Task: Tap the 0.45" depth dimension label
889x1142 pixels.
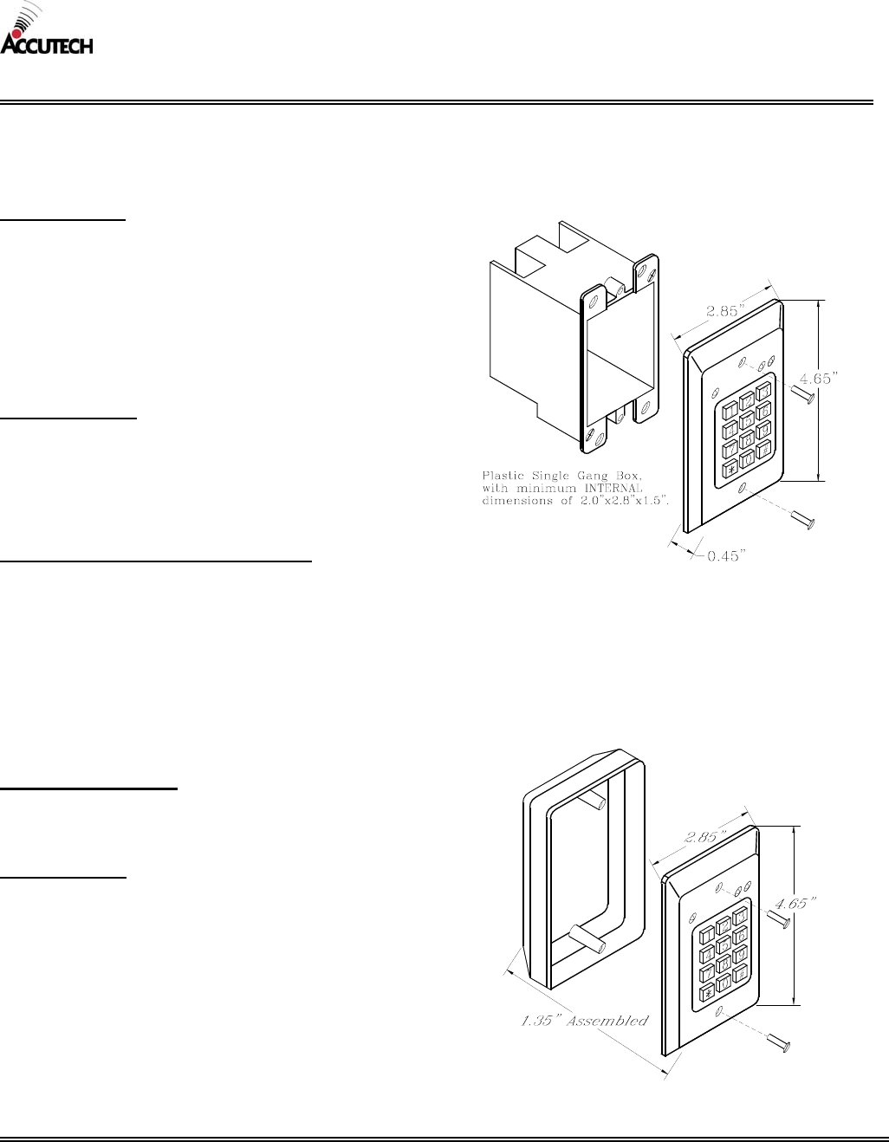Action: [726, 556]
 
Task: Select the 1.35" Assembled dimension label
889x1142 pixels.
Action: [583, 1021]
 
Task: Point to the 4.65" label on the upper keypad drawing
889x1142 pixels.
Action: [818, 378]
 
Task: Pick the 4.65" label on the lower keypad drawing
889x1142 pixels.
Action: [795, 904]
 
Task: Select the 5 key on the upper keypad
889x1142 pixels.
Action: [747, 415]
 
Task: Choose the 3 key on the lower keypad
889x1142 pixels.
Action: [740, 917]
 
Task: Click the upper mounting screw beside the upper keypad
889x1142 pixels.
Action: [801, 394]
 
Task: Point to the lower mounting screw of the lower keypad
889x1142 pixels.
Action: [780, 1046]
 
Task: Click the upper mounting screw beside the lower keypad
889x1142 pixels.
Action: [776, 919]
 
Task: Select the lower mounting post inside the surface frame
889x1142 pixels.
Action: [586, 939]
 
